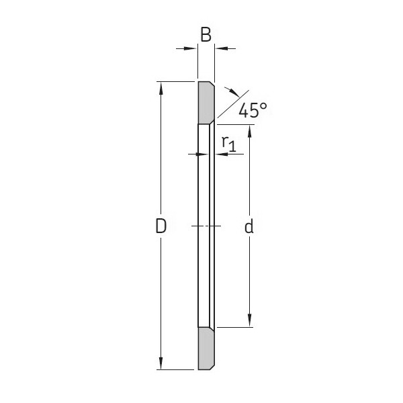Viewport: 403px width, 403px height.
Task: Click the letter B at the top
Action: coord(206,35)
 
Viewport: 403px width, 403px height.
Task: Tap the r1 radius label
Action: coord(228,142)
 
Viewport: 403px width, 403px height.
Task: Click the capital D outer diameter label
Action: coord(161,227)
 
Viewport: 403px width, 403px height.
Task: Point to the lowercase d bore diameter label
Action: coord(249,227)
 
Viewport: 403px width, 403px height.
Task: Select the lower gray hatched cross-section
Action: coord(206,348)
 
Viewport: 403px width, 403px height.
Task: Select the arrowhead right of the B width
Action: coord(220,48)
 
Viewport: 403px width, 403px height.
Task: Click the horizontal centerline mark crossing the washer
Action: coord(206,226)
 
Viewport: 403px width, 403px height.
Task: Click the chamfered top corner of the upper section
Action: coord(212,85)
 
